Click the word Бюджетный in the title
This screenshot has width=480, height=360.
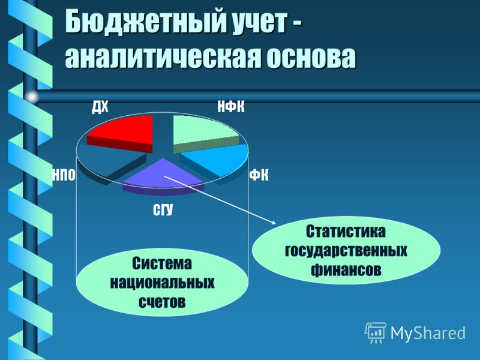pos(142,22)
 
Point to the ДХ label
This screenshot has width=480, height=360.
pos(100,107)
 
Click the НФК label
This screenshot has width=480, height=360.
pos(231,107)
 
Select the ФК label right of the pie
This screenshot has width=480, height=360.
pos(259,176)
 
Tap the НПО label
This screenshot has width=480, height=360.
pos(64,175)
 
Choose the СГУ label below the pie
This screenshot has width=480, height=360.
pos(163,210)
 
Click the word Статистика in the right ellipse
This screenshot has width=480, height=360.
pos(346,232)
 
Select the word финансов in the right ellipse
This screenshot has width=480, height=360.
pos(346,269)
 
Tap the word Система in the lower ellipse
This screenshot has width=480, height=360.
pos(162,263)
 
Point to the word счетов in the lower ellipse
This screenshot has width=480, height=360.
pos(162,302)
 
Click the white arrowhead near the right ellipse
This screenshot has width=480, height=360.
pos(274,223)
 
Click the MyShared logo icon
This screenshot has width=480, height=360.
pos(376,333)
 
